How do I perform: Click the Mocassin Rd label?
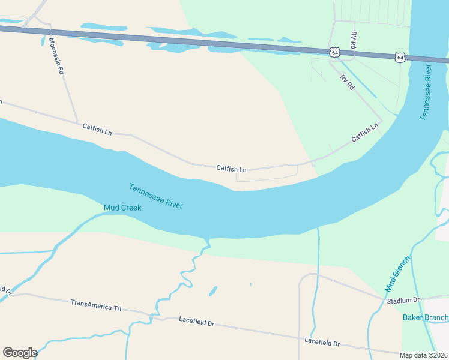pyautogui.click(x=56, y=55)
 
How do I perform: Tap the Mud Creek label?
pyautogui.click(x=122, y=208)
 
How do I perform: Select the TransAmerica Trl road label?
pyautogui.click(x=96, y=305)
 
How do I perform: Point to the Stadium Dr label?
pyautogui.click(x=403, y=300)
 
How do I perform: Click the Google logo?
pyautogui.click(x=20, y=353)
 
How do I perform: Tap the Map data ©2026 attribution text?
pyautogui.click(x=423, y=355)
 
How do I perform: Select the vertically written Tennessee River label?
pyautogui.click(x=427, y=90)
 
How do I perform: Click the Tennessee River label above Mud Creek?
pyautogui.click(x=155, y=196)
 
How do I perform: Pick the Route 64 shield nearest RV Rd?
pyautogui.click(x=334, y=53)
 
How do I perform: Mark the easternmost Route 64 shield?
pyautogui.click(x=400, y=58)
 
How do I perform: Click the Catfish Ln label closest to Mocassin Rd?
pyautogui.click(x=97, y=128)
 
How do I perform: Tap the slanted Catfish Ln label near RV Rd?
pyautogui.click(x=365, y=133)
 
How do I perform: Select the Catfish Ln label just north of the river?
pyautogui.click(x=232, y=169)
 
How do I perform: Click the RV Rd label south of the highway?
pyautogui.click(x=347, y=82)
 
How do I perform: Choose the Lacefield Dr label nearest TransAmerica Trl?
pyautogui.click(x=196, y=321)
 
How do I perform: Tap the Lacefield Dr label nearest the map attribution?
pyautogui.click(x=322, y=342)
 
